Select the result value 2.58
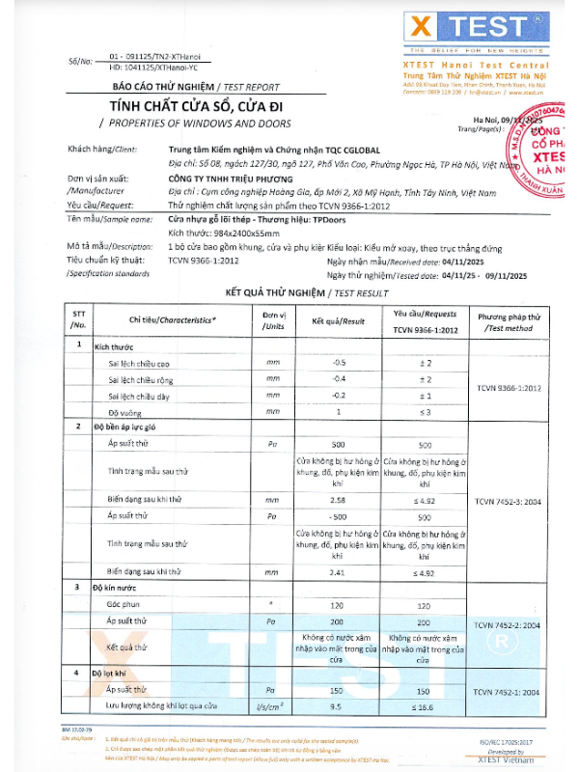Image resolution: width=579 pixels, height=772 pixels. point(339,501)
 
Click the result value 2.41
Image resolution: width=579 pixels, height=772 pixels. point(339,571)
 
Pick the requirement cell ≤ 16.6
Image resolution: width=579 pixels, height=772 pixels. point(425,706)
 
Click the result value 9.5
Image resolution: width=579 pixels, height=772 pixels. point(339,706)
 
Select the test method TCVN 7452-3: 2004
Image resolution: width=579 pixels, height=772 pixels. point(508,502)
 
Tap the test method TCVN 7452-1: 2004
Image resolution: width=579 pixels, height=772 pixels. point(508,693)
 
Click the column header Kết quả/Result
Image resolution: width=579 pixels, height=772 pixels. point(339,320)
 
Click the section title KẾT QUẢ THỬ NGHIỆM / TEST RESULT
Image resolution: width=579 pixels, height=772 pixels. point(306,291)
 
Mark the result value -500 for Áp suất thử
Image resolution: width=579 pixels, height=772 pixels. point(339,516)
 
